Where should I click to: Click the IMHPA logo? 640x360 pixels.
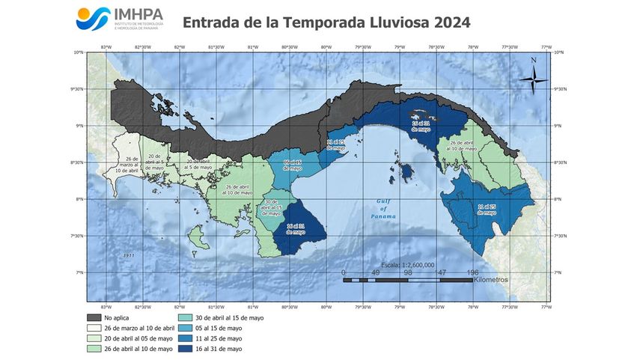(x=119, y=19)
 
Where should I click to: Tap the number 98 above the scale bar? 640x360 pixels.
(x=408, y=273)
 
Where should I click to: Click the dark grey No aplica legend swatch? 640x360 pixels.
(x=94, y=318)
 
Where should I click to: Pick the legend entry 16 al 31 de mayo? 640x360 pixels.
(x=217, y=348)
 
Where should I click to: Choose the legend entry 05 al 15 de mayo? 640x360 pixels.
(x=217, y=328)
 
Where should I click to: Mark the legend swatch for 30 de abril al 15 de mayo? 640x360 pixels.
(x=183, y=318)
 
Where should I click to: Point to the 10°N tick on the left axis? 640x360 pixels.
(x=78, y=52)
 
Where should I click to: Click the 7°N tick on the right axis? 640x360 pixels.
(x=558, y=272)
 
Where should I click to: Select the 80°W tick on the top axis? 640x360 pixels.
(x=326, y=46)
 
